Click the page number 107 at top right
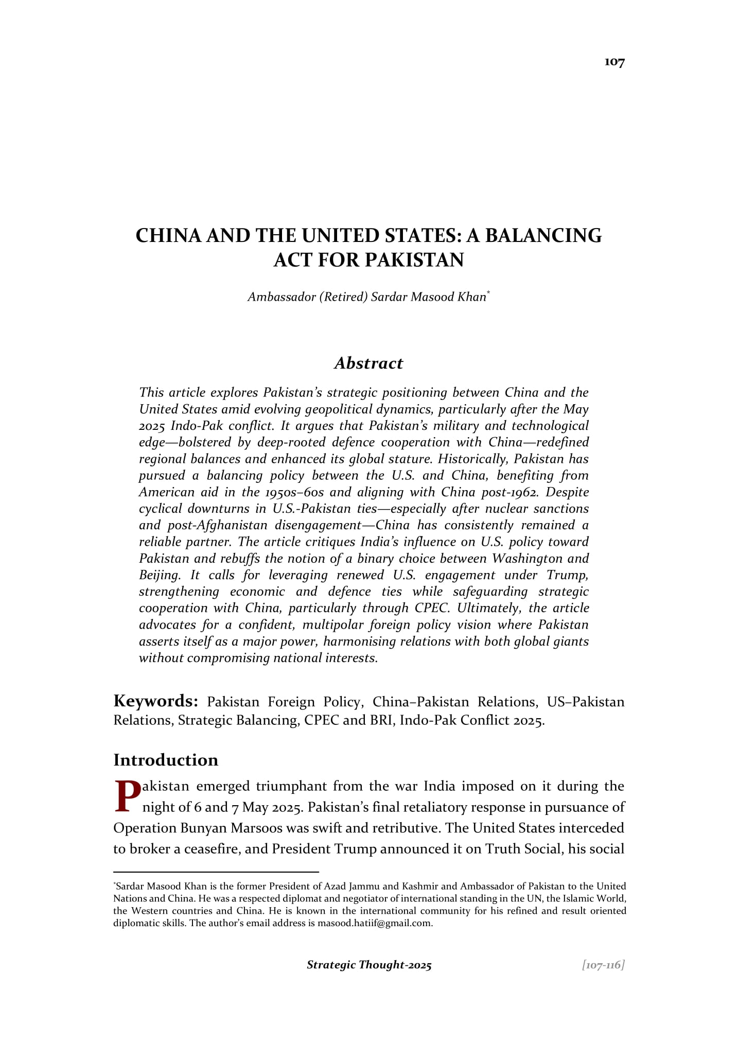click(x=614, y=62)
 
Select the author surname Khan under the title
click(x=471, y=297)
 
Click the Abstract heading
click(x=368, y=363)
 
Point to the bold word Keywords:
click(x=156, y=701)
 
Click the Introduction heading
click(x=166, y=760)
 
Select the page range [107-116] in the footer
click(x=603, y=965)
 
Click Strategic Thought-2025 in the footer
click(x=369, y=965)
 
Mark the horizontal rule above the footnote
click(x=216, y=872)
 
